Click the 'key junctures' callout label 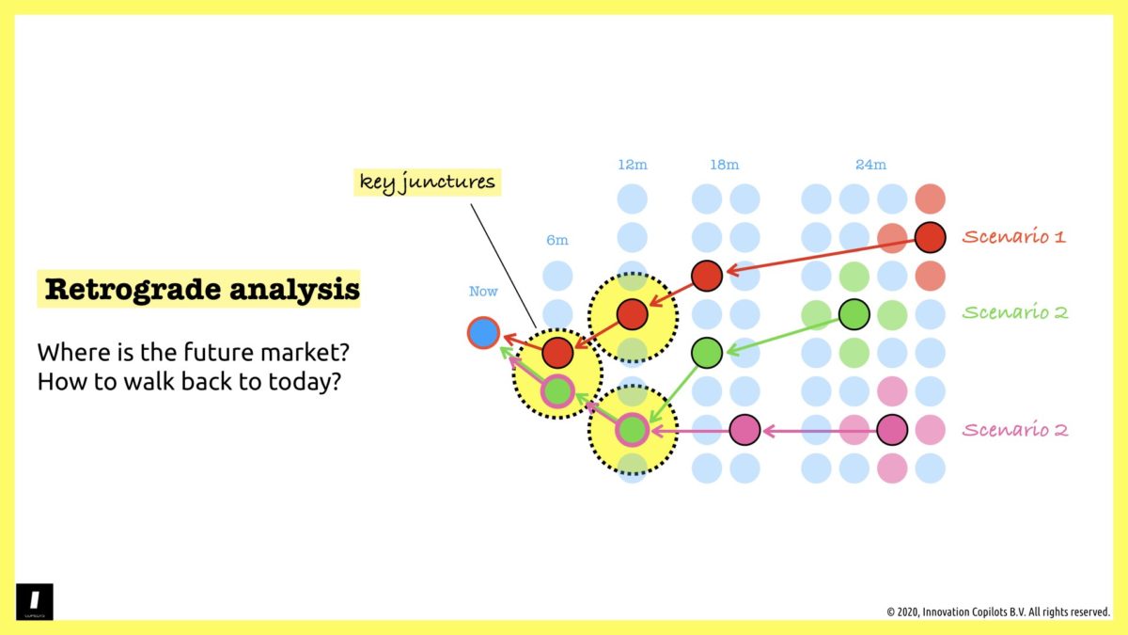pyautogui.click(x=428, y=182)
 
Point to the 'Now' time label pyautogui.click(x=483, y=292)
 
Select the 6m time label pyautogui.click(x=557, y=240)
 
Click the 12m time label pyautogui.click(x=633, y=165)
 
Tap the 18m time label pyautogui.click(x=724, y=165)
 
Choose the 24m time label pyautogui.click(x=870, y=165)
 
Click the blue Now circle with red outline pyautogui.click(x=483, y=332)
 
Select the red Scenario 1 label pyautogui.click(x=1013, y=237)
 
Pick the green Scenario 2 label pyautogui.click(x=1015, y=313)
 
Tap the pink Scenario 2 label pyautogui.click(x=1015, y=430)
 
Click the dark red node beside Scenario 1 pyautogui.click(x=930, y=237)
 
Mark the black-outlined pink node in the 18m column pyautogui.click(x=744, y=430)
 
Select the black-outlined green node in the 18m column pyautogui.click(x=707, y=353)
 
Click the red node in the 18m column pyautogui.click(x=707, y=276)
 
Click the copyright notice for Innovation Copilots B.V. pyautogui.click(x=997, y=611)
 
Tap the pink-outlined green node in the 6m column pyautogui.click(x=557, y=390)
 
